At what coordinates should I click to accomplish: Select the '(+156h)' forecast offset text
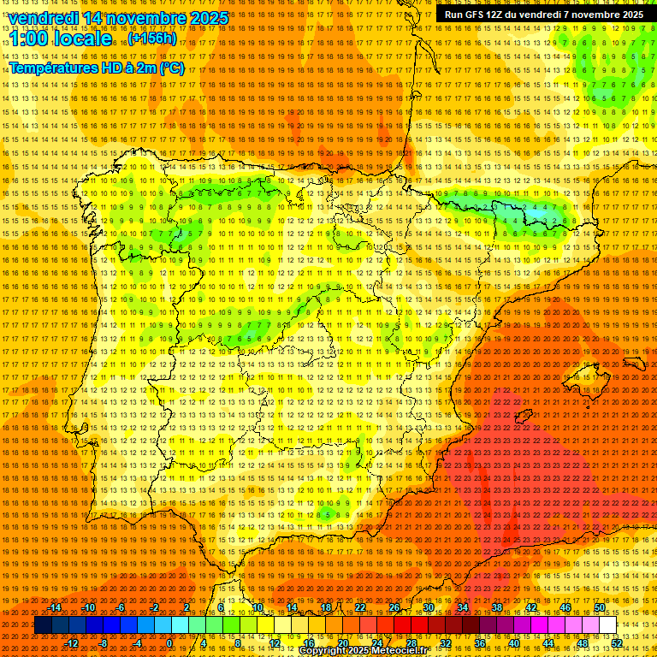click(x=151, y=38)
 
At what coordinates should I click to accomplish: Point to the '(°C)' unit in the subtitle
click(x=171, y=68)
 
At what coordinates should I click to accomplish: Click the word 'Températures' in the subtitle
click(x=51, y=68)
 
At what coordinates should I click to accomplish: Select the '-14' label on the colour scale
click(x=55, y=608)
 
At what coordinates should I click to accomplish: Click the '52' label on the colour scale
click(x=617, y=643)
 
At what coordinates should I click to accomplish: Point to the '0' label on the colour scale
click(x=169, y=643)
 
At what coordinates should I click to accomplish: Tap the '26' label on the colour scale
click(x=394, y=608)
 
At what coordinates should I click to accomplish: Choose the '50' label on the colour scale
click(x=600, y=608)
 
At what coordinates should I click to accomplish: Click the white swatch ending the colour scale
click(x=607, y=625)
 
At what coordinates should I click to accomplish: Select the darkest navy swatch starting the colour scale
click(x=43, y=625)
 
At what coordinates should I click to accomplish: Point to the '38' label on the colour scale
click(x=497, y=608)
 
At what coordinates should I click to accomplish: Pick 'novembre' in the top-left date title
click(x=146, y=18)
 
